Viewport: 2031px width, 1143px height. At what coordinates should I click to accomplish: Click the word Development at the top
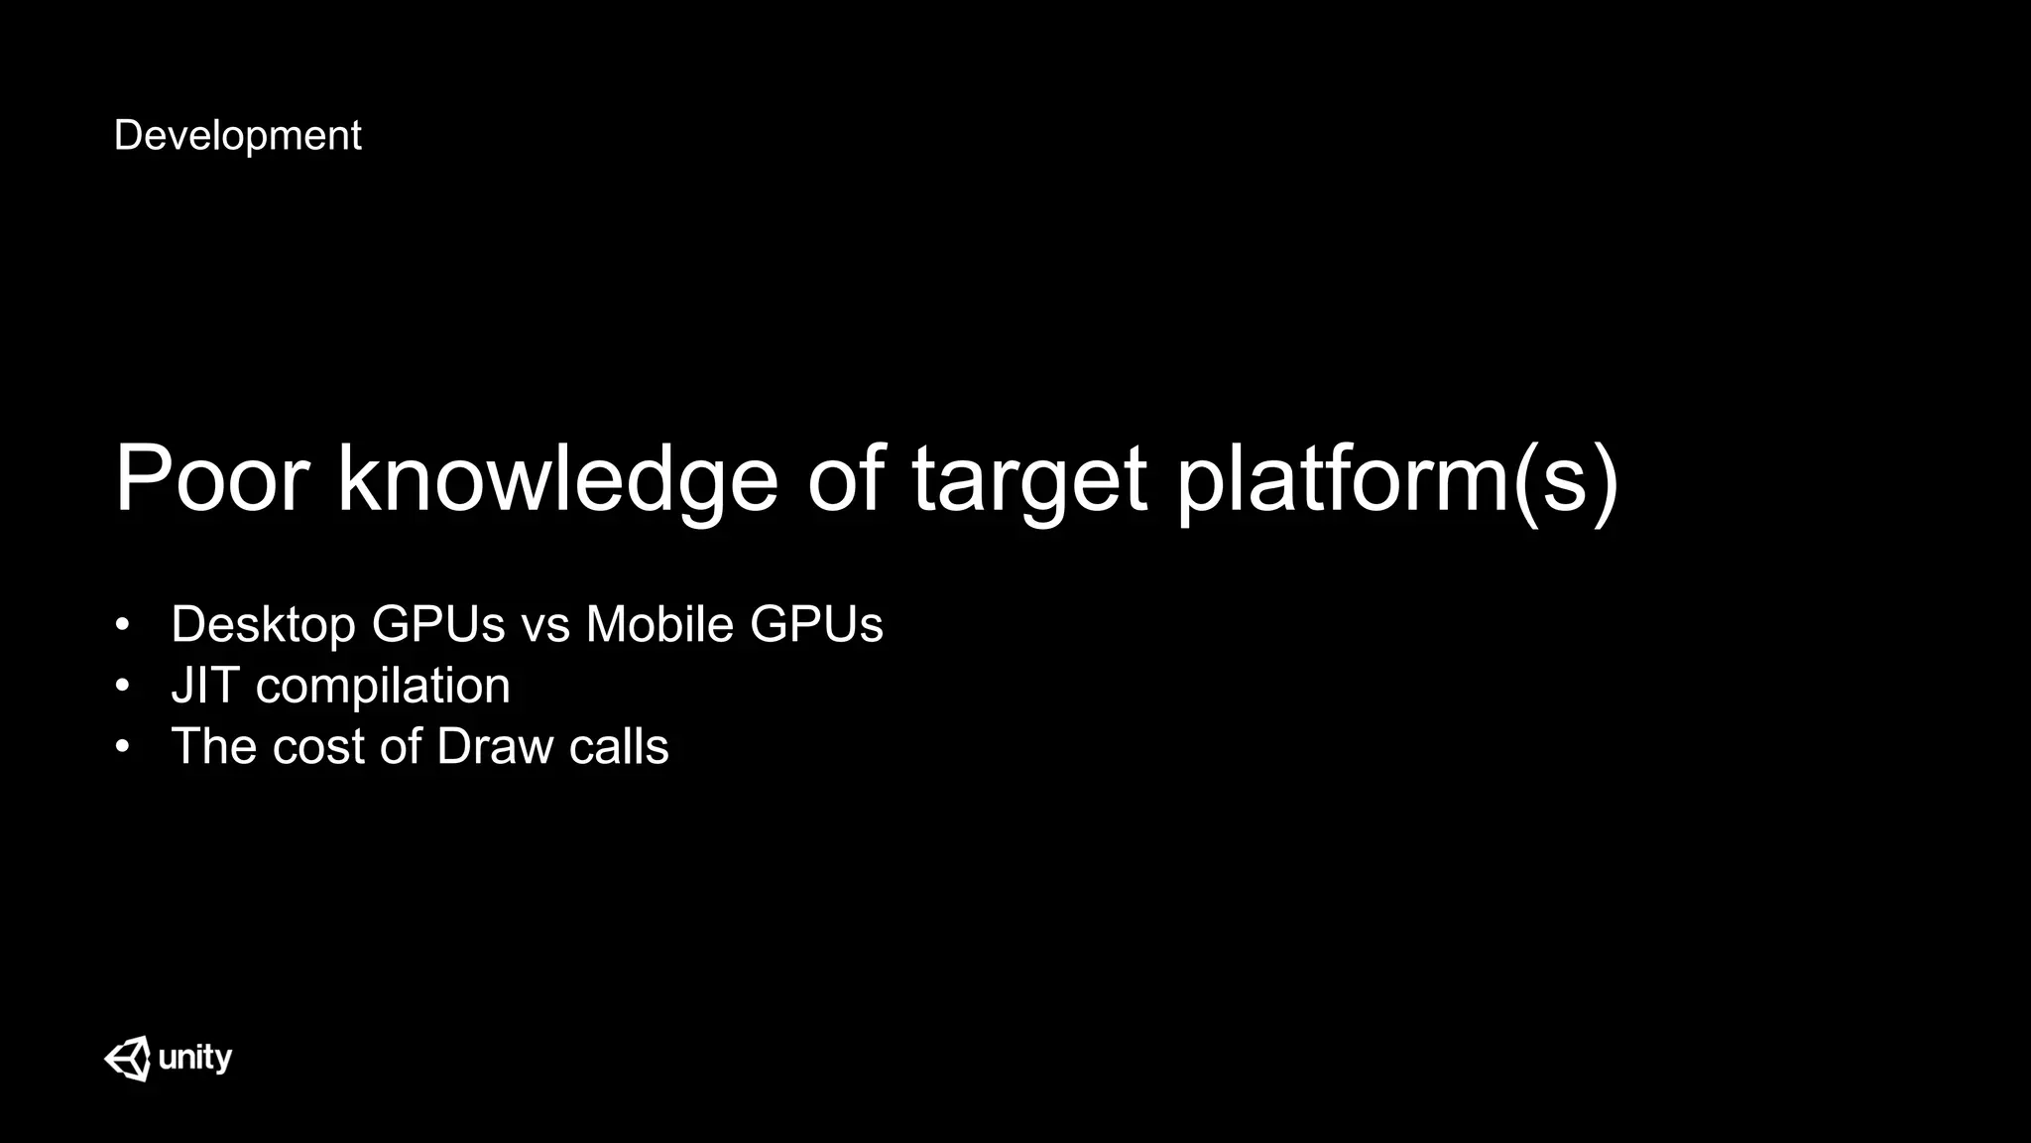pyautogui.click(x=237, y=136)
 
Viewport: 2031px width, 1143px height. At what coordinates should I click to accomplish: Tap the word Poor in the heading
pyautogui.click(x=212, y=479)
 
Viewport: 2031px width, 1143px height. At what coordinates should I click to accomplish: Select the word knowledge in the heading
pyautogui.click(x=557, y=479)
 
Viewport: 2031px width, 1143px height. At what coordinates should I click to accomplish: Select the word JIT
pyautogui.click(x=205, y=686)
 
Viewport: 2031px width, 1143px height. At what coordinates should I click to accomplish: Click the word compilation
pyautogui.click(x=383, y=687)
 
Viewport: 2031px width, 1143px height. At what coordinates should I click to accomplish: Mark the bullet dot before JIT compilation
pyautogui.click(x=122, y=687)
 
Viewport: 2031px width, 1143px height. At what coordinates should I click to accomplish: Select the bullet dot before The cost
pyautogui.click(x=122, y=747)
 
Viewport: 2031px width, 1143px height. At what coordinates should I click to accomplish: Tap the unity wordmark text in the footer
pyautogui.click(x=195, y=1058)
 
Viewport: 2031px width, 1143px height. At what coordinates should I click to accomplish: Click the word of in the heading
pyautogui.click(x=845, y=479)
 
